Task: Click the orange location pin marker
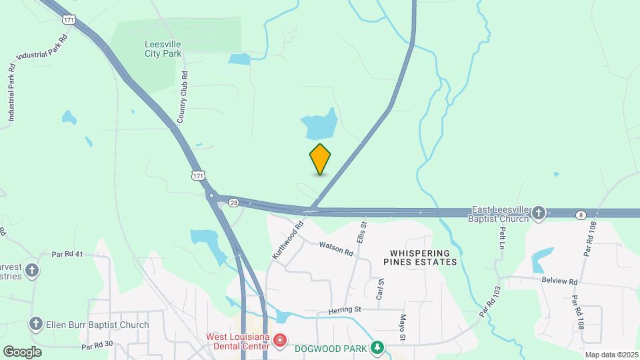tap(321, 159)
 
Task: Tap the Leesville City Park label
tap(163, 49)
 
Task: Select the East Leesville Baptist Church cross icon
tap(539, 213)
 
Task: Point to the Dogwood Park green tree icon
tap(377, 347)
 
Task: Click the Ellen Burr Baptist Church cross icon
tap(35, 325)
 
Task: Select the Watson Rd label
tap(335, 249)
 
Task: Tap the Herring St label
tap(344, 310)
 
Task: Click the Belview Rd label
tap(559, 281)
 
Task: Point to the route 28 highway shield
tap(233, 202)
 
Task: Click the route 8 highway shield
tap(581, 215)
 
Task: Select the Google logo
tap(22, 351)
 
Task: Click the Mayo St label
tap(403, 328)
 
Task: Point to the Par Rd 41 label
tap(67, 255)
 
